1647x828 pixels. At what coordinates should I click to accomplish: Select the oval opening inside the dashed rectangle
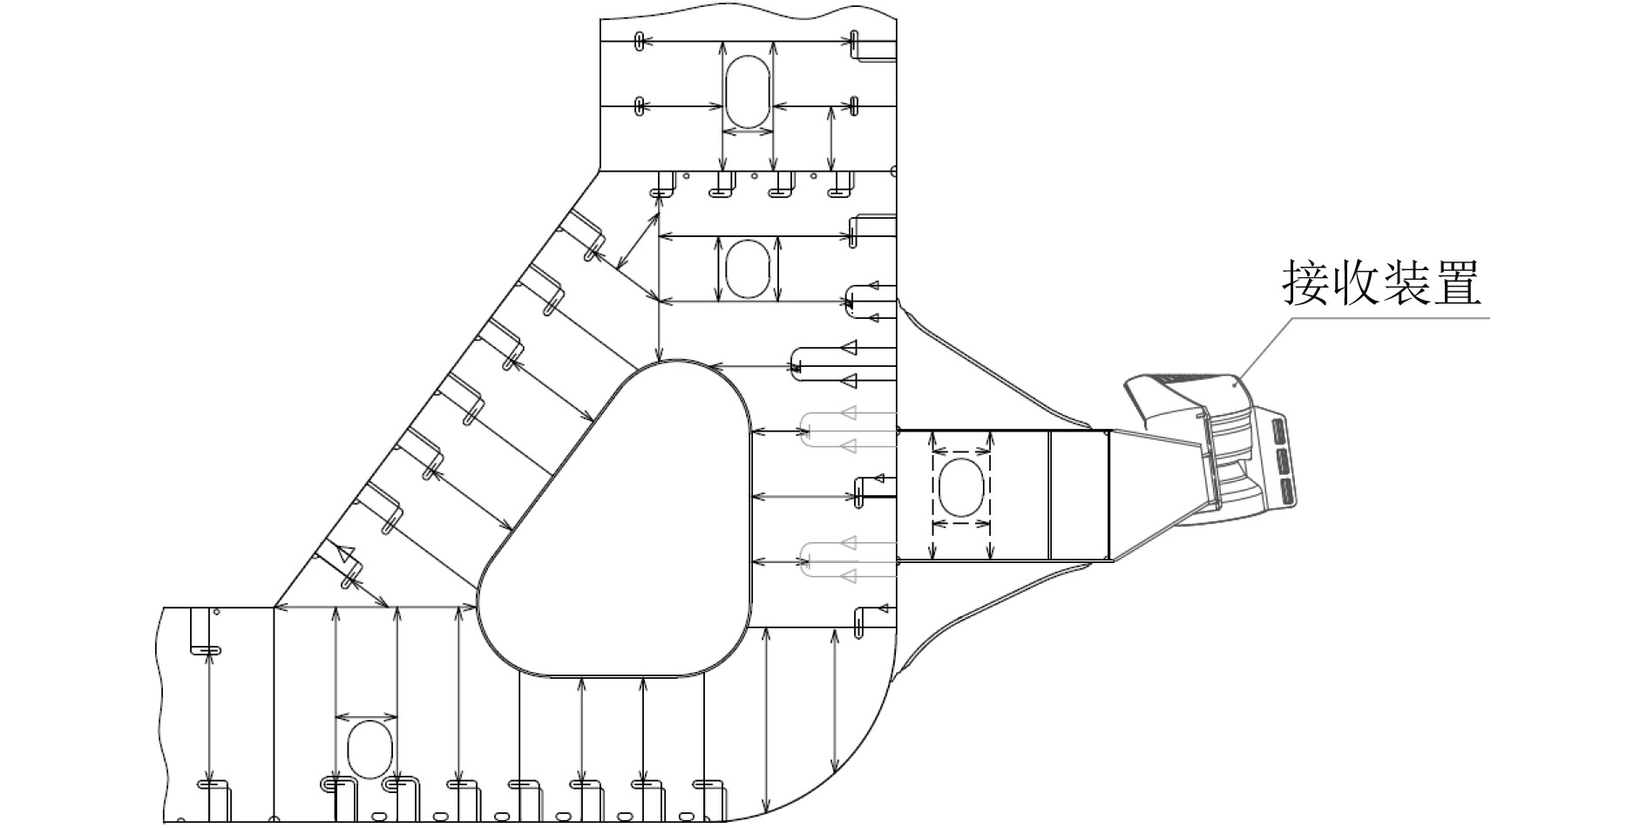(x=961, y=488)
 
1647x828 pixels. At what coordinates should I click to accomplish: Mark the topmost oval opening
(x=748, y=92)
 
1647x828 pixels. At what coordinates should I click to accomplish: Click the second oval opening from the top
(x=748, y=268)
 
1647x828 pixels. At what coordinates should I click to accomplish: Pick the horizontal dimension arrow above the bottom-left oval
(x=367, y=717)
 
